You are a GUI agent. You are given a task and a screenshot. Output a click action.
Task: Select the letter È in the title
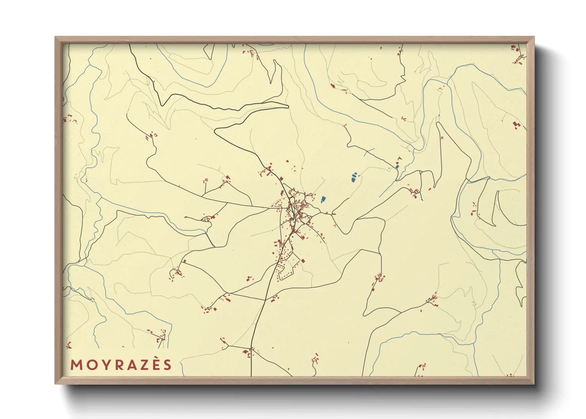tap(157, 365)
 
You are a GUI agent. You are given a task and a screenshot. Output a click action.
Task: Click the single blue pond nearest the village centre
tap(323, 199)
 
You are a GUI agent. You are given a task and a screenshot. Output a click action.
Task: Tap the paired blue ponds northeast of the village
tap(354, 177)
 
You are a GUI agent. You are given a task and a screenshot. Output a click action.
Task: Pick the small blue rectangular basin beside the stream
tap(397, 167)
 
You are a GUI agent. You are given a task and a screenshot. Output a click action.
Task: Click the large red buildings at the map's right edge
tap(516, 126)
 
